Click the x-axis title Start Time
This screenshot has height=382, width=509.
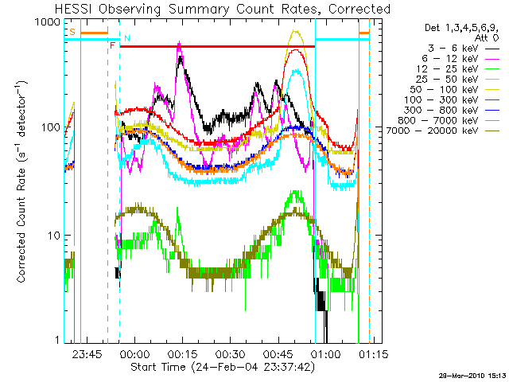coord(216,368)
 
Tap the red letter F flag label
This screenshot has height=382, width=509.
coord(112,46)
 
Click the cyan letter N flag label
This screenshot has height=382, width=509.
coord(127,38)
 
